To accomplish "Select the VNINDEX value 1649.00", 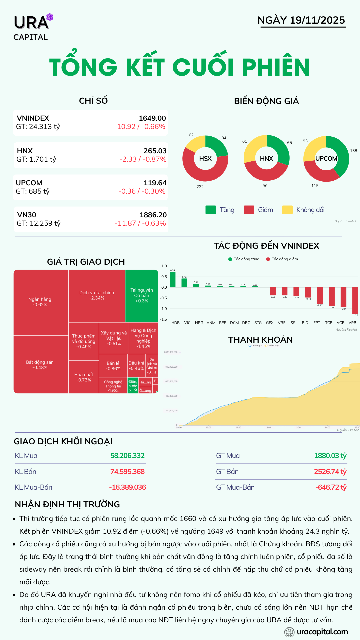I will click(x=152, y=118).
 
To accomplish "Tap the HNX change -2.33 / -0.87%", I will click(x=143, y=159).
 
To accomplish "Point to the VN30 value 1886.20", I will click(x=153, y=215).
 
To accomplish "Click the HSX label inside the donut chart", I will click(x=205, y=159).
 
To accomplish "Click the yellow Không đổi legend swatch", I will click(x=287, y=210).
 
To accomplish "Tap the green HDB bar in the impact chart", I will click(x=172, y=279).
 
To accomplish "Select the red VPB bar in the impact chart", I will click(x=355, y=300).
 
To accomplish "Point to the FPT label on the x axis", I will click(x=317, y=323).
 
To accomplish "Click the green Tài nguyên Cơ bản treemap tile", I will click(x=142, y=295).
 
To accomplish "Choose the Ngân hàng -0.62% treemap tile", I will click(x=40, y=302).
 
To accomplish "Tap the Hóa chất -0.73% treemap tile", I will click(x=84, y=377).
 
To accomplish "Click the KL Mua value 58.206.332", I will click(x=127, y=456).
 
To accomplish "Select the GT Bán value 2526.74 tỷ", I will click(x=330, y=472).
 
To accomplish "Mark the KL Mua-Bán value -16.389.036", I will click(x=127, y=487).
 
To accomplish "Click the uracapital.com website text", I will click(x=322, y=632).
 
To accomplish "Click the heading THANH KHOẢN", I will click(x=260, y=340).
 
